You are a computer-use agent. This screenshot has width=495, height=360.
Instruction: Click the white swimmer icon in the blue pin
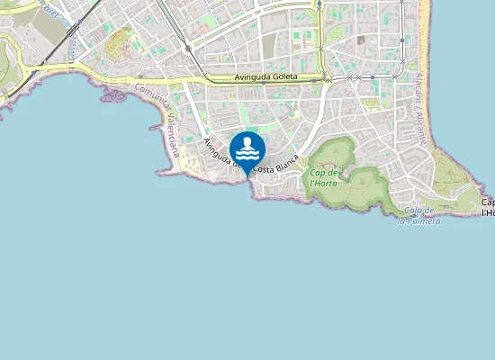tap(247, 148)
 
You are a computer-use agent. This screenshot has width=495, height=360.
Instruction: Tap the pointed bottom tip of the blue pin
tap(247, 175)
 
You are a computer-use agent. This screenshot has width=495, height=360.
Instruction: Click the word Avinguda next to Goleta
tap(251, 78)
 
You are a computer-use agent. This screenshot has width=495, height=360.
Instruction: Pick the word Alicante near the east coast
tap(420, 125)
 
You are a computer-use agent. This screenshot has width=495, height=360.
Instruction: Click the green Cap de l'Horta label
tap(322, 177)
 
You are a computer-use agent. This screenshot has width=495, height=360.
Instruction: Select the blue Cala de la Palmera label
tap(419, 216)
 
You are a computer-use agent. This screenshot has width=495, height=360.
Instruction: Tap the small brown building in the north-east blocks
tap(361, 40)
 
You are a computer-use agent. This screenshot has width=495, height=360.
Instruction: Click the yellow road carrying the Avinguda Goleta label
tap(216, 78)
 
